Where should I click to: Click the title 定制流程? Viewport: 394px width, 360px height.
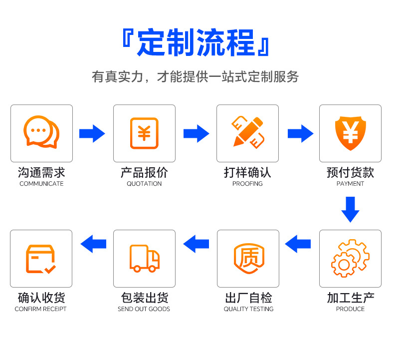(x=196, y=43)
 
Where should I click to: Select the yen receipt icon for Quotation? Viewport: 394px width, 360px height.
(x=144, y=133)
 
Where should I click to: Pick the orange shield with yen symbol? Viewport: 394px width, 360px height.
(x=350, y=133)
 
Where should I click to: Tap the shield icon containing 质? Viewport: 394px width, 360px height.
(x=248, y=259)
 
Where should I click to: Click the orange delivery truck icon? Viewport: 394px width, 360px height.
(x=145, y=258)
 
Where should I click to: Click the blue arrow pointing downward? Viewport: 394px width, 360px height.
(x=350, y=209)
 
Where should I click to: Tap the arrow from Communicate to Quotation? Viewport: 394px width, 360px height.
(x=92, y=133)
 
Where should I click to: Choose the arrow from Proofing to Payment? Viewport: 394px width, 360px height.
(x=300, y=133)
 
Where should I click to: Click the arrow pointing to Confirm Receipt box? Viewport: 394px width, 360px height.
(x=93, y=244)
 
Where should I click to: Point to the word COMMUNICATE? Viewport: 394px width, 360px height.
(x=41, y=184)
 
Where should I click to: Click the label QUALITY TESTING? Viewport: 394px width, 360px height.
(x=248, y=309)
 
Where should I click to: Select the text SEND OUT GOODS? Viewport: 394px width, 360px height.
(x=144, y=309)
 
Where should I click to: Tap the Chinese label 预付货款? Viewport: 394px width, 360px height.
(x=350, y=173)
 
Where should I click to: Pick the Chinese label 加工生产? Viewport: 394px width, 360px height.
(x=350, y=298)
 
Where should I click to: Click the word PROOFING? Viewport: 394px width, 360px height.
(x=247, y=184)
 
